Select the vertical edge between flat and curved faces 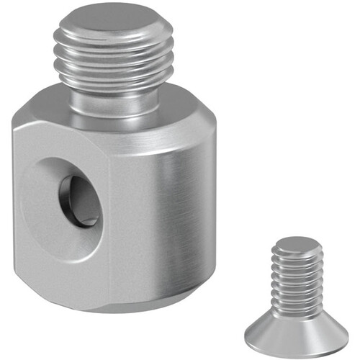[110, 216]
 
